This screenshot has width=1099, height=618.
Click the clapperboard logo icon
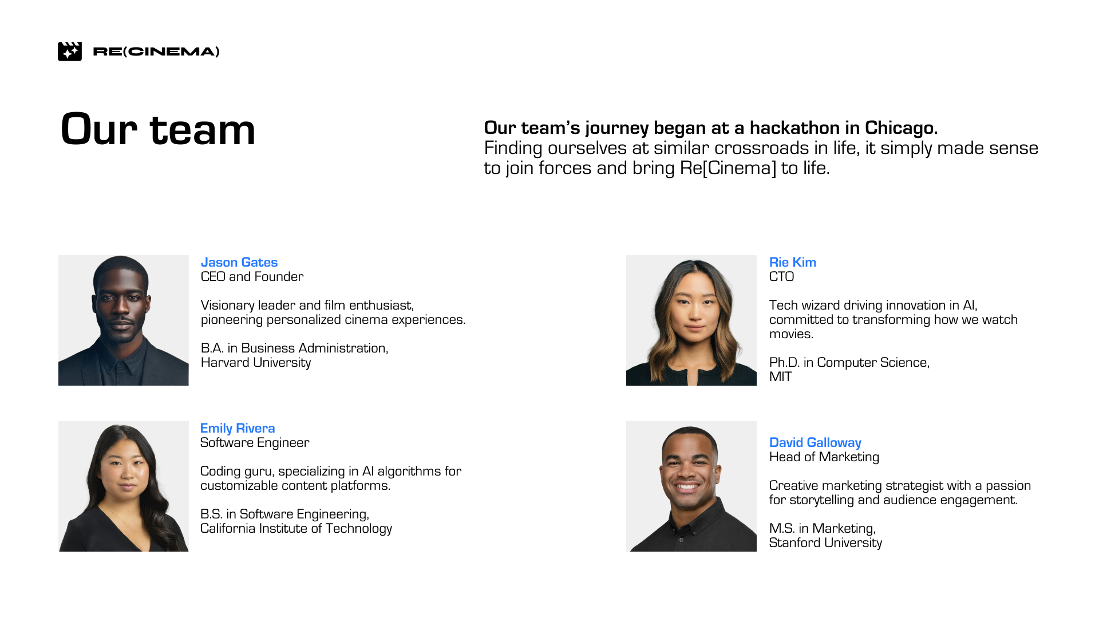point(70,51)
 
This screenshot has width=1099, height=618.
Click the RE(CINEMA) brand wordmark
point(156,51)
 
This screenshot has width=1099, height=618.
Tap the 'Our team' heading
point(158,129)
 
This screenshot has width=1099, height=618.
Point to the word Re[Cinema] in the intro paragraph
point(728,168)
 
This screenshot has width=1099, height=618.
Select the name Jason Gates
point(239,262)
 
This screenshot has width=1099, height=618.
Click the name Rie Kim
point(793,262)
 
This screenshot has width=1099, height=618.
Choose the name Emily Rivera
point(238,428)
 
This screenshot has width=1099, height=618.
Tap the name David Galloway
point(815,442)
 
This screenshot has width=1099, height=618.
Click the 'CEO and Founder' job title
point(252,276)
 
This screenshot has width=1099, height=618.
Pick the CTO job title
point(782,276)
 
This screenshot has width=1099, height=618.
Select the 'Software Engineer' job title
point(255,442)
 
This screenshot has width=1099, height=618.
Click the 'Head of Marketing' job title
point(824,457)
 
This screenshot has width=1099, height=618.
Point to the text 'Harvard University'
point(256,362)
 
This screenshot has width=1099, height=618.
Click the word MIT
point(781,377)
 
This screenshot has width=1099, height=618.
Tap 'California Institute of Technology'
point(296,528)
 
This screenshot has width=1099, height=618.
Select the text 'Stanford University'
point(825,542)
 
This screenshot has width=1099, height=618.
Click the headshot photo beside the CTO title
point(691,320)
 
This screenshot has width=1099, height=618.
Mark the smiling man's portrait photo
point(691,486)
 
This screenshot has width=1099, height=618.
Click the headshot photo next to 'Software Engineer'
point(124,486)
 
